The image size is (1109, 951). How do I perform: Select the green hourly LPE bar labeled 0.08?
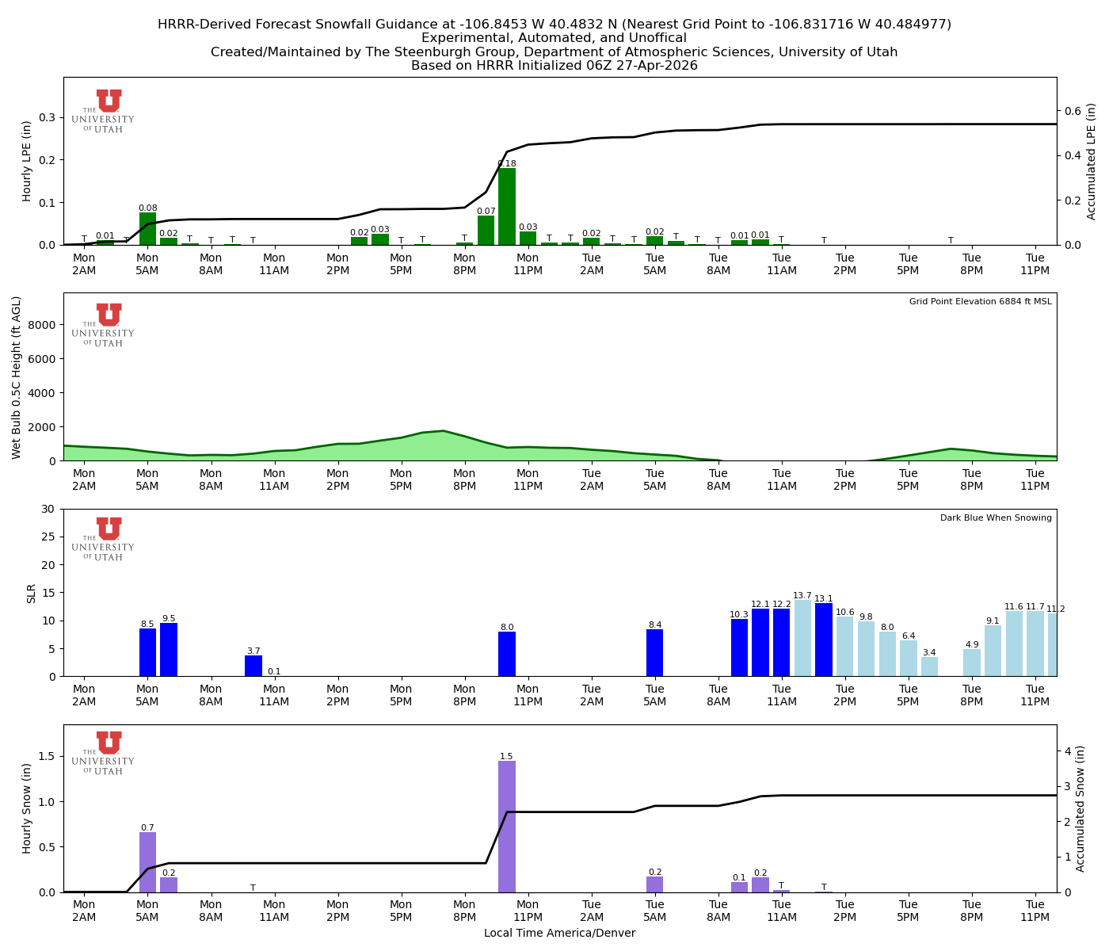pyautogui.click(x=147, y=229)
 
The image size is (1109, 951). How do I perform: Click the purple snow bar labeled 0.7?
pyautogui.click(x=147, y=862)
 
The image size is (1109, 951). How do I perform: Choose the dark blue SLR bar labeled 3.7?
pyautogui.click(x=253, y=666)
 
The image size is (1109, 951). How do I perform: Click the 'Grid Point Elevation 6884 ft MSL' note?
pyautogui.click(x=980, y=302)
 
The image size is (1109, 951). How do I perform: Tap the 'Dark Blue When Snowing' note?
pyautogui.click(x=996, y=518)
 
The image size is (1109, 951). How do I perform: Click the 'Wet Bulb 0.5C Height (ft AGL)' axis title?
pyautogui.click(x=17, y=377)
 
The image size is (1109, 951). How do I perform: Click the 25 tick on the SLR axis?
pyautogui.click(x=50, y=537)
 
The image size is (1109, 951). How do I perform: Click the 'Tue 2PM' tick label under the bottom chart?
pyautogui.click(x=844, y=911)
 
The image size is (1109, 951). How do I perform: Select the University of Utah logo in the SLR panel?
pyautogui.click(x=104, y=539)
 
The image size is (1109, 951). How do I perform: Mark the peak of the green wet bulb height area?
pyautogui.click(x=444, y=431)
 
